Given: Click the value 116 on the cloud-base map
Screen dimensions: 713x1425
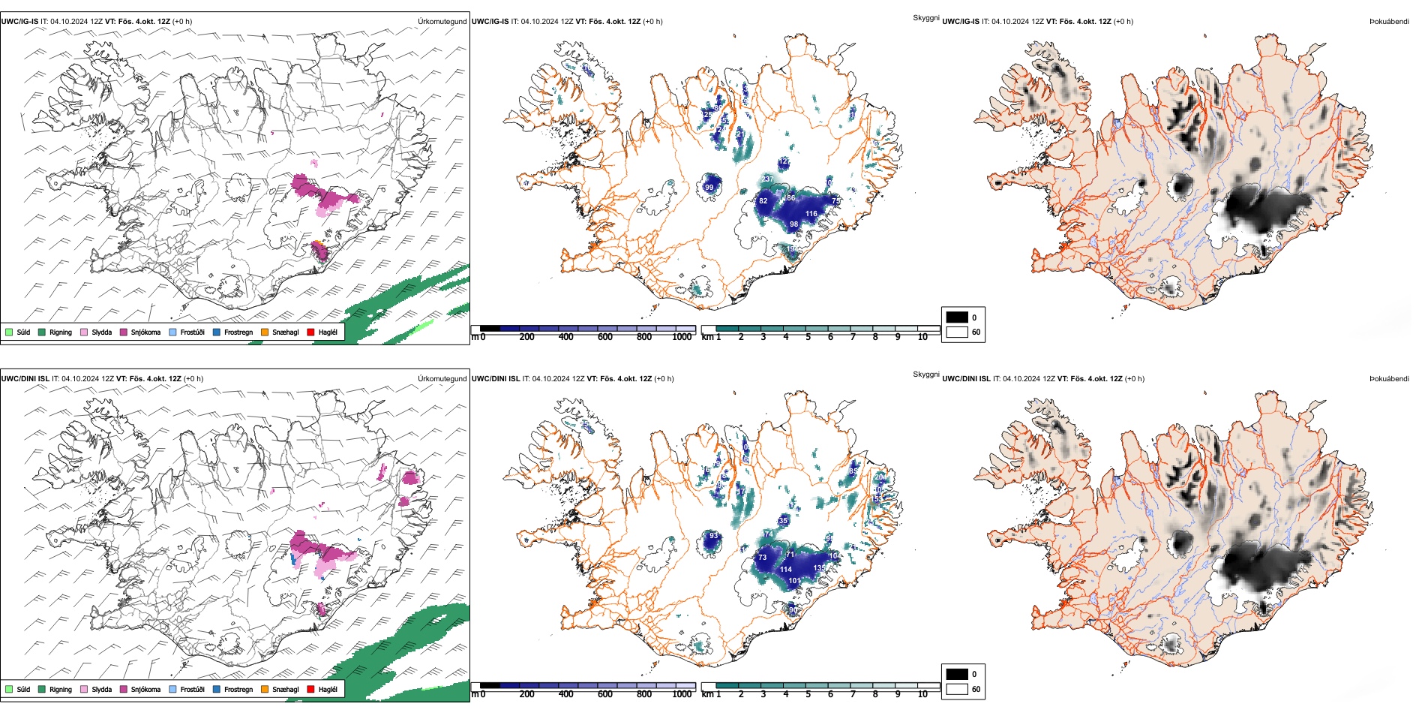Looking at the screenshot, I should click(x=811, y=214).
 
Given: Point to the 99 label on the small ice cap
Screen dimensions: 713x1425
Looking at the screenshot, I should click(x=709, y=188).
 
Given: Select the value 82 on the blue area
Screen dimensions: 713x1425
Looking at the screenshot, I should click(x=763, y=201).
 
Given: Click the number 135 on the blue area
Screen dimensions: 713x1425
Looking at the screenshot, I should click(x=819, y=568).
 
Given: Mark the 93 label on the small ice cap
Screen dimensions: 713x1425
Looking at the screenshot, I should click(x=713, y=537).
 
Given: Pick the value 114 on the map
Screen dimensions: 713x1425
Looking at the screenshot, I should click(x=785, y=570).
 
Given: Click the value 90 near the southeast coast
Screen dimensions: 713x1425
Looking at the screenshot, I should click(x=793, y=610).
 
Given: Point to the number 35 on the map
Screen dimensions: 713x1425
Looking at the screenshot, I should click(x=783, y=520).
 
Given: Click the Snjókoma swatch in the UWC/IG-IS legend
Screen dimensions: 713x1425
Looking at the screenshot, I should click(x=124, y=332).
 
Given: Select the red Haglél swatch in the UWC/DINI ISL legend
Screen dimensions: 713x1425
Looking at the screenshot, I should click(x=311, y=689).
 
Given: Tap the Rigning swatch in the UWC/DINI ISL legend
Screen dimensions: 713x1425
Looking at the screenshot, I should click(x=42, y=689).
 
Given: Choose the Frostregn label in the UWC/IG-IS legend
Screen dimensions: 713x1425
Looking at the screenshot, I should click(x=238, y=332).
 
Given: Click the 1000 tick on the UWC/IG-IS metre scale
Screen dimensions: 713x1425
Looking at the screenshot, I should click(x=682, y=337).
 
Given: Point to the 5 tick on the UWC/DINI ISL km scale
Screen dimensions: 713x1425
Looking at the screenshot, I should click(x=808, y=694).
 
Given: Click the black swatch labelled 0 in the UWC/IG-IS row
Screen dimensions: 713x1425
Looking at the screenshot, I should click(x=957, y=317).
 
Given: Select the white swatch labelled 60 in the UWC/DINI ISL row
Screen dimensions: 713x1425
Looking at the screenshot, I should click(x=957, y=688).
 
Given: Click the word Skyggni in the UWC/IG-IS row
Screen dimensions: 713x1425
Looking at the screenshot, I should click(x=925, y=17).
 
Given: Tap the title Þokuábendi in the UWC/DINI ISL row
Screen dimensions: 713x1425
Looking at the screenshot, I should click(x=1389, y=378).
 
